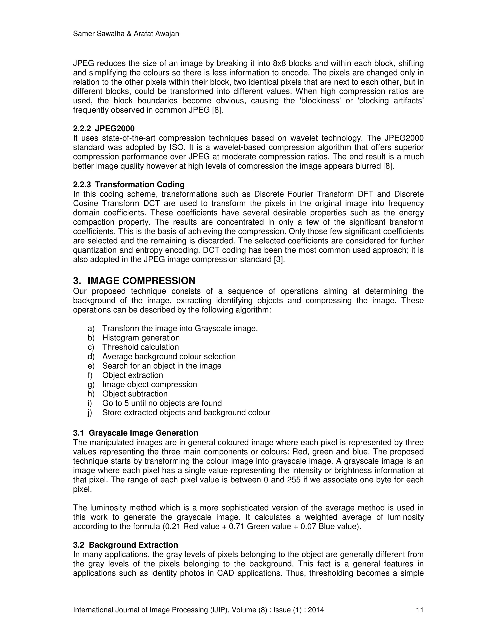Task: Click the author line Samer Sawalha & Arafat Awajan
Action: pos(126,34)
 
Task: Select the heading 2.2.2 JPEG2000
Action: pos(104,128)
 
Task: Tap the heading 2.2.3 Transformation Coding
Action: pos(129,185)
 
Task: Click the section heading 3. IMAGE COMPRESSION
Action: pos(134,280)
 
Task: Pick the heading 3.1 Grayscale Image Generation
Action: pos(135,433)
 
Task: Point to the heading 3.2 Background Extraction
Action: pos(125,545)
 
